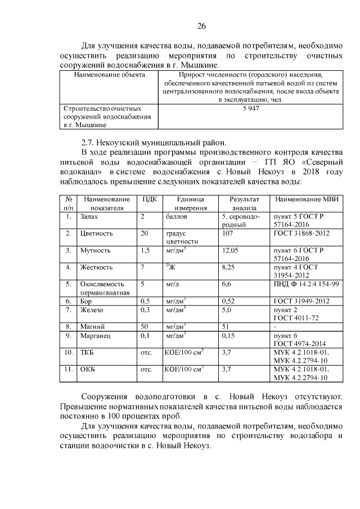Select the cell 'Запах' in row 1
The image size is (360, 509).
click(90, 216)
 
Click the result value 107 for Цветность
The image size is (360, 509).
click(227, 233)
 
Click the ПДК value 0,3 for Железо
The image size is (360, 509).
click(146, 309)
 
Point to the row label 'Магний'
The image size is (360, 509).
click(93, 326)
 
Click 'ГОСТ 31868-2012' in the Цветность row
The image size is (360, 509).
click(302, 233)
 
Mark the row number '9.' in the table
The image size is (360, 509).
click(68, 335)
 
